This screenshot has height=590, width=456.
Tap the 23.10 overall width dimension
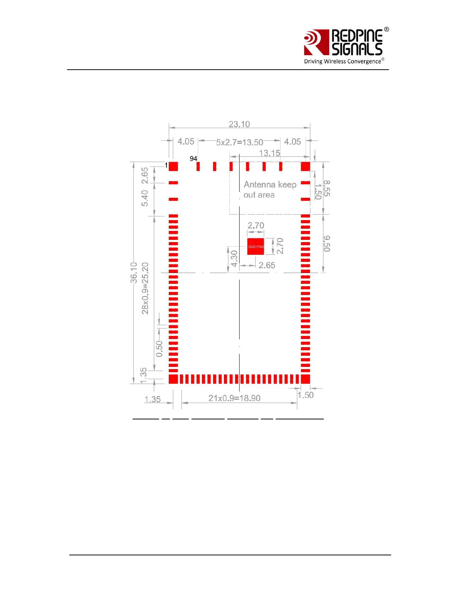[x=239, y=124]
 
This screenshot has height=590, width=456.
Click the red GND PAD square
[x=256, y=247]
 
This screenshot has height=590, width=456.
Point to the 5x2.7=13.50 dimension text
[x=240, y=142]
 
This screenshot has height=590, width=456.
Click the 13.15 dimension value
[x=269, y=153]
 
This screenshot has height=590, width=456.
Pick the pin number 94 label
[x=193, y=159]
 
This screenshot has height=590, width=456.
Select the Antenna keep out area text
[x=270, y=190]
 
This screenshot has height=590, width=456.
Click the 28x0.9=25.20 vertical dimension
[x=145, y=288]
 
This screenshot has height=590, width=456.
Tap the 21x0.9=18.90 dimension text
[x=234, y=398]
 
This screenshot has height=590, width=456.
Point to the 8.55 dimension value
[x=327, y=188]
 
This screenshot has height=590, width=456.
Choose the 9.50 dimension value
[x=327, y=244]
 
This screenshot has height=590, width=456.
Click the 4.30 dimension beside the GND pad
[x=234, y=258]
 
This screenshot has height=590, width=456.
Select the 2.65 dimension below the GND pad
[x=267, y=265]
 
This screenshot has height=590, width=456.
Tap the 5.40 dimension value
[x=145, y=198]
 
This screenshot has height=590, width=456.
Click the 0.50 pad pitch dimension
[x=159, y=349]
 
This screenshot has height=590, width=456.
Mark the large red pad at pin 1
[x=173, y=166]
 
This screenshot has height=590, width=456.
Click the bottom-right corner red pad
[x=305, y=379]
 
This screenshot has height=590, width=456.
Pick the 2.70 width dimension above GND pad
[x=256, y=226]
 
